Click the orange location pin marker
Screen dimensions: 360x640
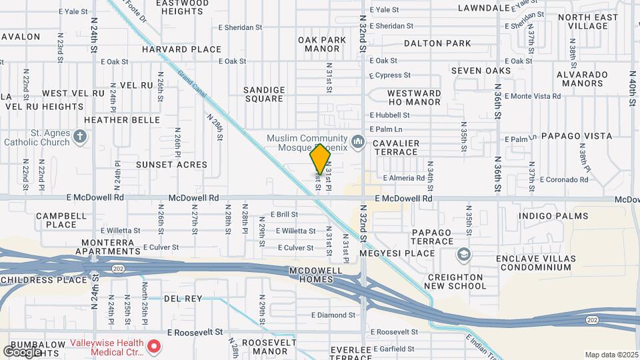click(x=321, y=159)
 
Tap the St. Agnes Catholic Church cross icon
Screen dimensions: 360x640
click(x=80, y=137)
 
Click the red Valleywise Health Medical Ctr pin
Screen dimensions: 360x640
click(x=154, y=346)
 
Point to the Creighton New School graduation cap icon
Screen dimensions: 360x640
click(x=463, y=255)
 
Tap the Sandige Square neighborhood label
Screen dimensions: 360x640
click(x=264, y=94)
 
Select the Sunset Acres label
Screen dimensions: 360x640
click(x=171, y=164)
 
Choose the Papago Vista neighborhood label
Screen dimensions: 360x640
click(x=577, y=136)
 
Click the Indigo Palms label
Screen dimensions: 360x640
click(x=553, y=216)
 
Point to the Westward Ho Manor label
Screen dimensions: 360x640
click(x=414, y=97)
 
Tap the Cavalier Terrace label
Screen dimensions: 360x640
click(x=396, y=147)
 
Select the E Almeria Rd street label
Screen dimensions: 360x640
click(x=404, y=178)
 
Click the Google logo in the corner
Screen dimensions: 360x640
click(x=22, y=351)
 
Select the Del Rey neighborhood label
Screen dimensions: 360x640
click(x=183, y=298)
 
